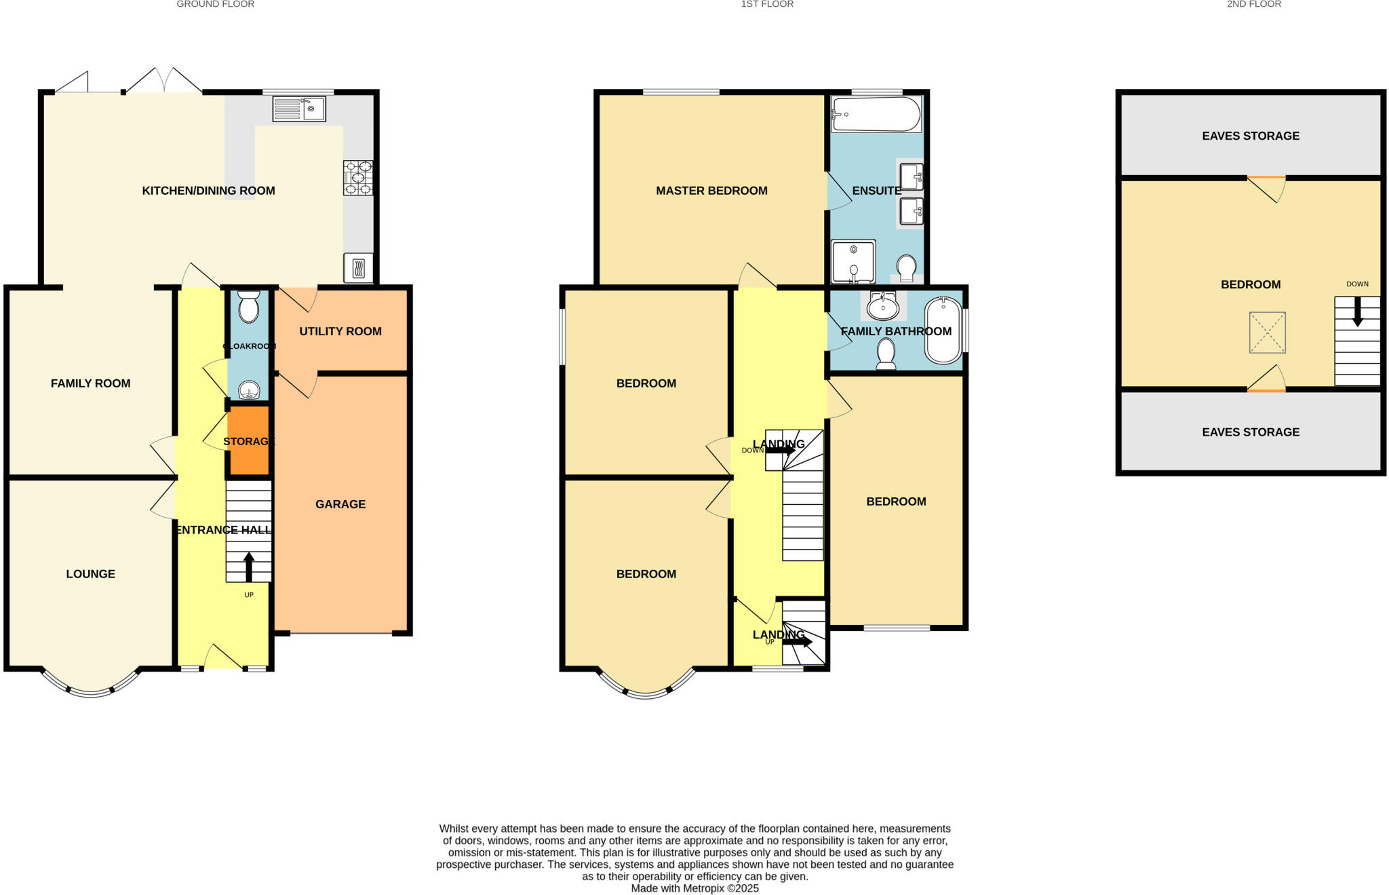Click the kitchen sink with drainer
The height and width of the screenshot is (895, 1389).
(x=299, y=109)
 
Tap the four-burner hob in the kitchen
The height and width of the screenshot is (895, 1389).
(x=358, y=177)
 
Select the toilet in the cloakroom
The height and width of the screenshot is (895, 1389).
(x=249, y=307)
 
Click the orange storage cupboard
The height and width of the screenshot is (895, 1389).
(x=249, y=441)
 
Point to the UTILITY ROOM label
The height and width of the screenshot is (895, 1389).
(x=340, y=331)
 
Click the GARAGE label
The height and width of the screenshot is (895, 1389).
(x=340, y=504)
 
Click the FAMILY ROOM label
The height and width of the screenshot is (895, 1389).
(x=90, y=383)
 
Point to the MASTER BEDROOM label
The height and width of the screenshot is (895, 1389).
(x=711, y=191)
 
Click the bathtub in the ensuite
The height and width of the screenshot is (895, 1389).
(x=876, y=114)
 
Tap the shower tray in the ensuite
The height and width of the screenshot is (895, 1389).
(x=853, y=261)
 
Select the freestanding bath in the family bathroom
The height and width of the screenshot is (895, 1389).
(x=943, y=330)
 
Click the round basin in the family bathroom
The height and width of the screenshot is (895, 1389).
(x=883, y=307)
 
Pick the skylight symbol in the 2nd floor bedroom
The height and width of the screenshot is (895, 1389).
(x=1267, y=332)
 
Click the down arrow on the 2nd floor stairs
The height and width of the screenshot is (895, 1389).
(x=1357, y=312)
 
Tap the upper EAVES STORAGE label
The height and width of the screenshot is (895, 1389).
(x=1250, y=136)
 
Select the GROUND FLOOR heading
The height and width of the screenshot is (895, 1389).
(x=215, y=4)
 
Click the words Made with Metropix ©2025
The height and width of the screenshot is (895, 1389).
(x=694, y=888)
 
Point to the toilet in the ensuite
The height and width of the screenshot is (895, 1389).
(x=906, y=267)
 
